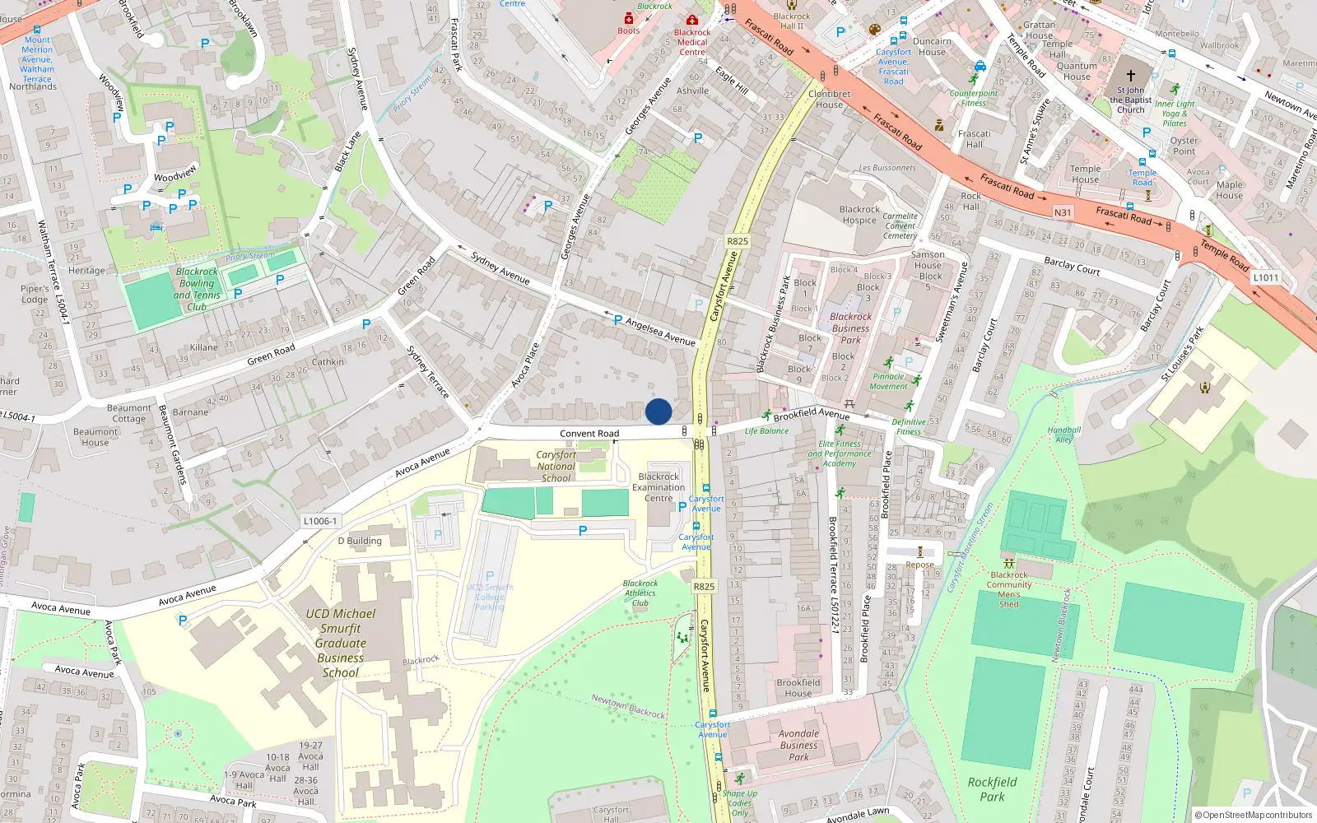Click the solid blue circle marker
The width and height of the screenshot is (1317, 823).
(658, 411)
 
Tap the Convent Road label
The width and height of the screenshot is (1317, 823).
(589, 434)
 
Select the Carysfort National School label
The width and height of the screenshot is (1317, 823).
(556, 466)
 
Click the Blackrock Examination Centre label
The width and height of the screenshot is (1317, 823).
(658, 487)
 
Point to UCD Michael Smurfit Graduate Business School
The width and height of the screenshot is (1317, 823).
(341, 643)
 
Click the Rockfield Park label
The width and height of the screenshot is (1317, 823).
(992, 789)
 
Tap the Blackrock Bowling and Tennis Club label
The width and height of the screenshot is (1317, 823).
(198, 289)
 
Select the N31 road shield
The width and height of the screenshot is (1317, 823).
(1063, 212)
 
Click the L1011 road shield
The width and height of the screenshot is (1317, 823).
(1266, 277)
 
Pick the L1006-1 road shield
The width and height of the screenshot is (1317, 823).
(320, 521)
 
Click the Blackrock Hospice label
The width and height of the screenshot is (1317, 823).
(859, 215)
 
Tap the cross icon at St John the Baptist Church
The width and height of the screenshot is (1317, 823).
(1131, 75)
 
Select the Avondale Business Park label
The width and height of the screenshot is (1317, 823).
(798, 745)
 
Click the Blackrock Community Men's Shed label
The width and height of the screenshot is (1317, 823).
(1009, 589)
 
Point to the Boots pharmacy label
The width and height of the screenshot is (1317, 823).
(629, 30)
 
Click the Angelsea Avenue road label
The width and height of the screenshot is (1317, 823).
(660, 331)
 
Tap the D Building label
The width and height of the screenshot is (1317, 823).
(360, 541)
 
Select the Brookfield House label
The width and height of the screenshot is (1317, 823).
(798, 688)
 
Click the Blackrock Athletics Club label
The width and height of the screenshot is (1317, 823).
(640, 593)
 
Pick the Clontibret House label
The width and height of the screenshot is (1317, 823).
(829, 99)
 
